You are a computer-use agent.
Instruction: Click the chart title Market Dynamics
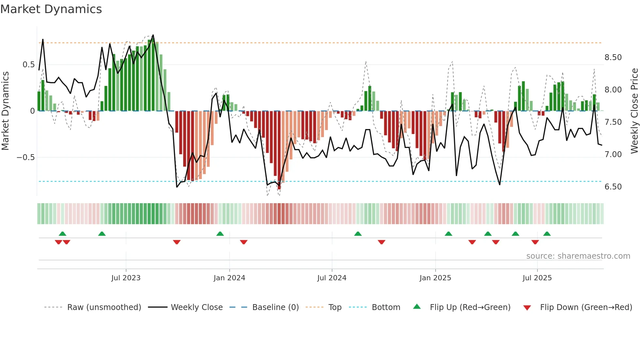51,9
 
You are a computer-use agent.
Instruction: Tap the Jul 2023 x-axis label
126,278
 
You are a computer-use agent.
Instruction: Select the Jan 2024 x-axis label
229,278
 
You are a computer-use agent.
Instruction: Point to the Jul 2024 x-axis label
332,278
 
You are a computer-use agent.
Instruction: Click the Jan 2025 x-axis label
435,278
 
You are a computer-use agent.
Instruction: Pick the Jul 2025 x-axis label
537,278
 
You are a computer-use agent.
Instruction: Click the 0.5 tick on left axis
28,65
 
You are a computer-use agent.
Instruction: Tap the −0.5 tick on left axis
25,157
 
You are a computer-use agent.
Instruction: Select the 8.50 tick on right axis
613,57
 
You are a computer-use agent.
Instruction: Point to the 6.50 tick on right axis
613,187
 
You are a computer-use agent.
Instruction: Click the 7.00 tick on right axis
613,155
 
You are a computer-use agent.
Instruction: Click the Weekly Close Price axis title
634,111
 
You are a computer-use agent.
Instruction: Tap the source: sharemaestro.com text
578,256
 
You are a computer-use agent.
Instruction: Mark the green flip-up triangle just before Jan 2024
220,234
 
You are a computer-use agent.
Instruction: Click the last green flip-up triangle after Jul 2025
547,234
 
